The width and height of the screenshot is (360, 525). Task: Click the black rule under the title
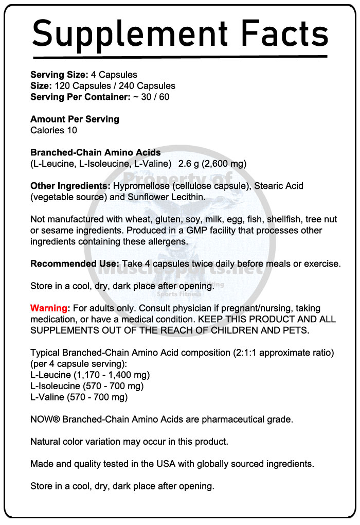pos(179,56)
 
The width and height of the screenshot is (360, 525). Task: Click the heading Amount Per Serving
pos(75,119)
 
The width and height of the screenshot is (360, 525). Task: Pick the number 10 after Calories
pos(71,130)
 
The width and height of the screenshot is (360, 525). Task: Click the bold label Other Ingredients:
pos(70,186)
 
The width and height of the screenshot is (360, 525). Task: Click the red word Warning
pos(49,308)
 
